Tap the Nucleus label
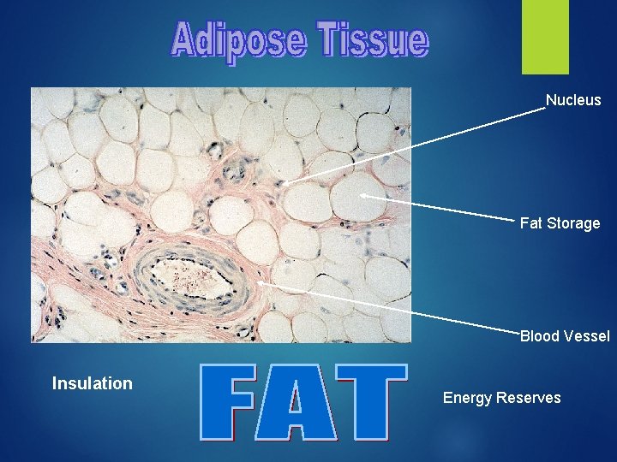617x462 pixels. (573, 100)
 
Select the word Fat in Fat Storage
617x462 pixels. (531, 223)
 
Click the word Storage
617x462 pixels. (573, 223)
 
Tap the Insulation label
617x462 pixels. (93, 383)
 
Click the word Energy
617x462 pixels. (466, 398)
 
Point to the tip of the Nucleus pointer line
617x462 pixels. (285, 182)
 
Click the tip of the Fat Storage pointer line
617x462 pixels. (362, 195)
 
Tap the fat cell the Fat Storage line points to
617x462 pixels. (356, 197)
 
